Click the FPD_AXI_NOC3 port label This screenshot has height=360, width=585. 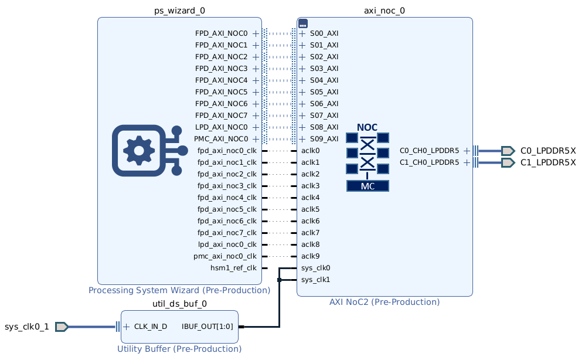[x=222, y=69]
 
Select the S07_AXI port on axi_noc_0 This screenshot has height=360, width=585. [x=324, y=116]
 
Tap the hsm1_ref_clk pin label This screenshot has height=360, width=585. [x=233, y=268]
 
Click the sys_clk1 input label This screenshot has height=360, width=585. [x=315, y=280]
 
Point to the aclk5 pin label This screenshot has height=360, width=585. [x=310, y=209]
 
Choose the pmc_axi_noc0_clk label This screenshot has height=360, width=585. [x=225, y=256]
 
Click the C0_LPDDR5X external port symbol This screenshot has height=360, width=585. [x=507, y=151]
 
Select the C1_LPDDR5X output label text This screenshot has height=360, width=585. [x=548, y=162]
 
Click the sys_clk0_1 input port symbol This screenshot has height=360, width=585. [x=62, y=327]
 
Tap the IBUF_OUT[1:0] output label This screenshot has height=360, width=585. [x=207, y=327]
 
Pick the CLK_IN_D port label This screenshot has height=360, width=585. [x=151, y=327]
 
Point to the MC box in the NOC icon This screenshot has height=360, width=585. [x=368, y=186]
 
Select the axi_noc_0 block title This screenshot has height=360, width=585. [x=385, y=10]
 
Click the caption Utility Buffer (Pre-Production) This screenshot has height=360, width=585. [x=179, y=349]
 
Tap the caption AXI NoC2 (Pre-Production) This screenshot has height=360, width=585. [x=385, y=302]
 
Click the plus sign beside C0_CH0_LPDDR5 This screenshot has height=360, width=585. [x=467, y=151]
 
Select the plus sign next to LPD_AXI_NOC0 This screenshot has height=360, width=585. [x=256, y=127]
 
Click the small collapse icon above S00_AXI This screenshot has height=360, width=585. [x=303, y=23]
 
